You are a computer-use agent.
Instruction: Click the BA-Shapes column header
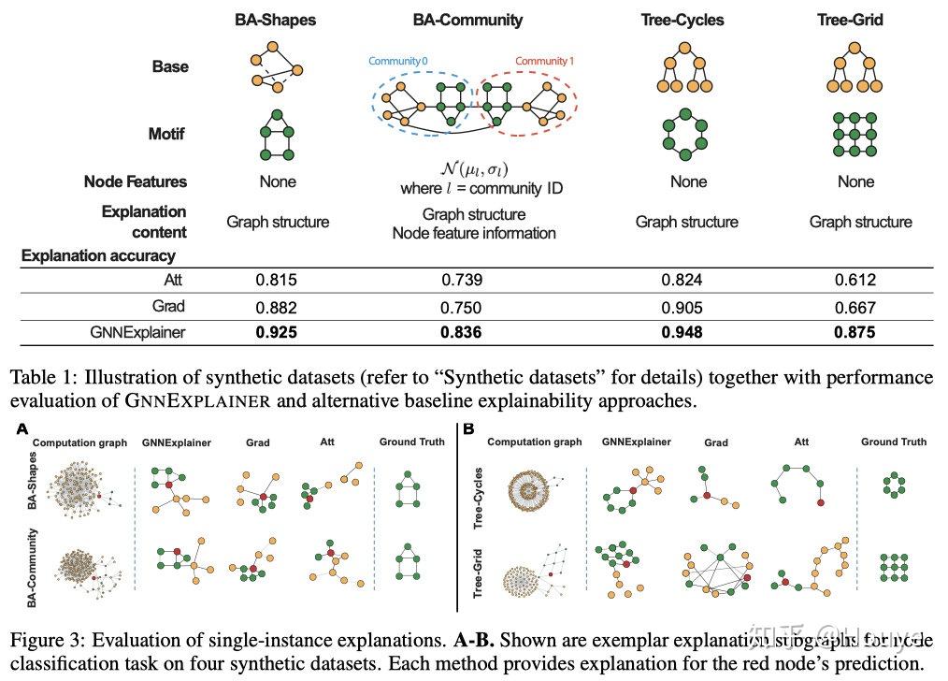[x=275, y=19]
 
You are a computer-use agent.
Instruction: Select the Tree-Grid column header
[x=855, y=19]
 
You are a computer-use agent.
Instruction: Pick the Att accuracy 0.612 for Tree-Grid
[x=855, y=280]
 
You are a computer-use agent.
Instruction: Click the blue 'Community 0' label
[x=397, y=61]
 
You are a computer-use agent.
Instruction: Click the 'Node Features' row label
[x=136, y=181]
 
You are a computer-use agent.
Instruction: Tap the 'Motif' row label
[x=167, y=134]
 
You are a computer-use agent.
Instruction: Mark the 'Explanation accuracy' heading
[x=99, y=254]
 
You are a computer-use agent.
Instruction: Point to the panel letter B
[x=468, y=431]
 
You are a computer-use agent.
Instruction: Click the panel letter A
[x=21, y=431]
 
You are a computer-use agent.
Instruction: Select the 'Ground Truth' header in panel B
[x=893, y=442]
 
